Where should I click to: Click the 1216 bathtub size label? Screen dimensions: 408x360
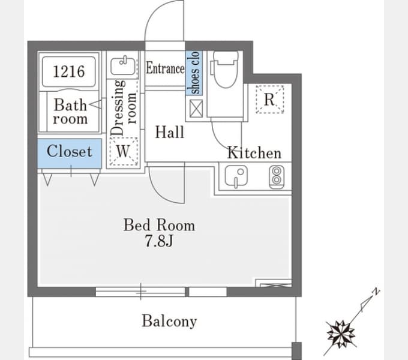point(69,71)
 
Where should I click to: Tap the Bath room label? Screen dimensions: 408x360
point(70,112)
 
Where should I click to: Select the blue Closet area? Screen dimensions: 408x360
point(69,154)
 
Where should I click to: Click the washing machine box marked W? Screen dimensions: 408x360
point(124,151)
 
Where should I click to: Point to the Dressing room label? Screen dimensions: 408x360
point(124,107)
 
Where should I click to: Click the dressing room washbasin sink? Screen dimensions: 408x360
point(122,66)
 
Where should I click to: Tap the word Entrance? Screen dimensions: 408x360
point(165,68)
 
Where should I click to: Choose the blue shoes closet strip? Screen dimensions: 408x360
point(194,73)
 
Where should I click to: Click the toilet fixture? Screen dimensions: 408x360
point(226,69)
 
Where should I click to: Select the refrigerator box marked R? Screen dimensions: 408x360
point(269,100)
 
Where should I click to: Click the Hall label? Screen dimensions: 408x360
point(169,132)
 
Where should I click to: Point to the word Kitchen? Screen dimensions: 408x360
point(254,152)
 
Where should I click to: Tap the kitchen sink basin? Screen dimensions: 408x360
point(236,176)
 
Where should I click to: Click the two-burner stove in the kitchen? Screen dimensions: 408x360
point(277,177)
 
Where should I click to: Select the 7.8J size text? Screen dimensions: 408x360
point(159,241)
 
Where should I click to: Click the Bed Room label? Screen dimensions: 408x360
point(159,225)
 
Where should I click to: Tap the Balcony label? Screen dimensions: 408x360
point(169,321)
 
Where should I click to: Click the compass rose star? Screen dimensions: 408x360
point(341,334)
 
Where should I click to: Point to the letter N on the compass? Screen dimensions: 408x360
point(376,292)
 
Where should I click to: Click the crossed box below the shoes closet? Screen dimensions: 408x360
point(196,108)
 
